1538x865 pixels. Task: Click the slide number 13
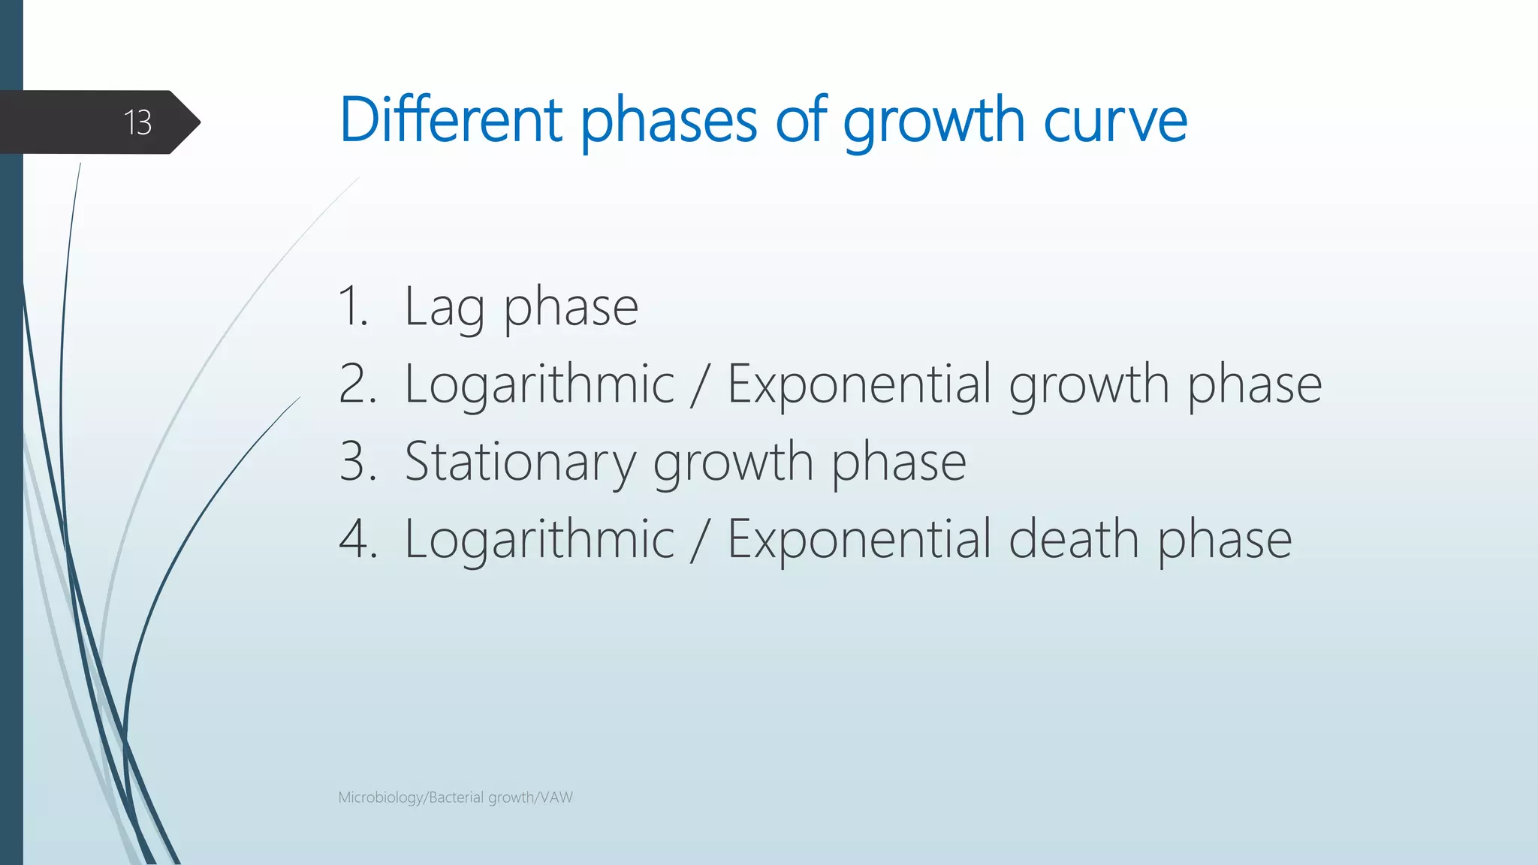coord(137,122)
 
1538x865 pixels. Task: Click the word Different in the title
coord(451,120)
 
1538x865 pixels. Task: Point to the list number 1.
coord(353,307)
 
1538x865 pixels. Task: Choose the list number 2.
coord(357,384)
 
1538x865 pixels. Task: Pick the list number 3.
coord(357,462)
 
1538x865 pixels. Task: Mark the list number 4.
coord(357,539)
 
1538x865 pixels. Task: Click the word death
coord(1073,539)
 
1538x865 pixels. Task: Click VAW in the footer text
coord(556,797)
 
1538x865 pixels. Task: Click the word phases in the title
coord(668,124)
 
